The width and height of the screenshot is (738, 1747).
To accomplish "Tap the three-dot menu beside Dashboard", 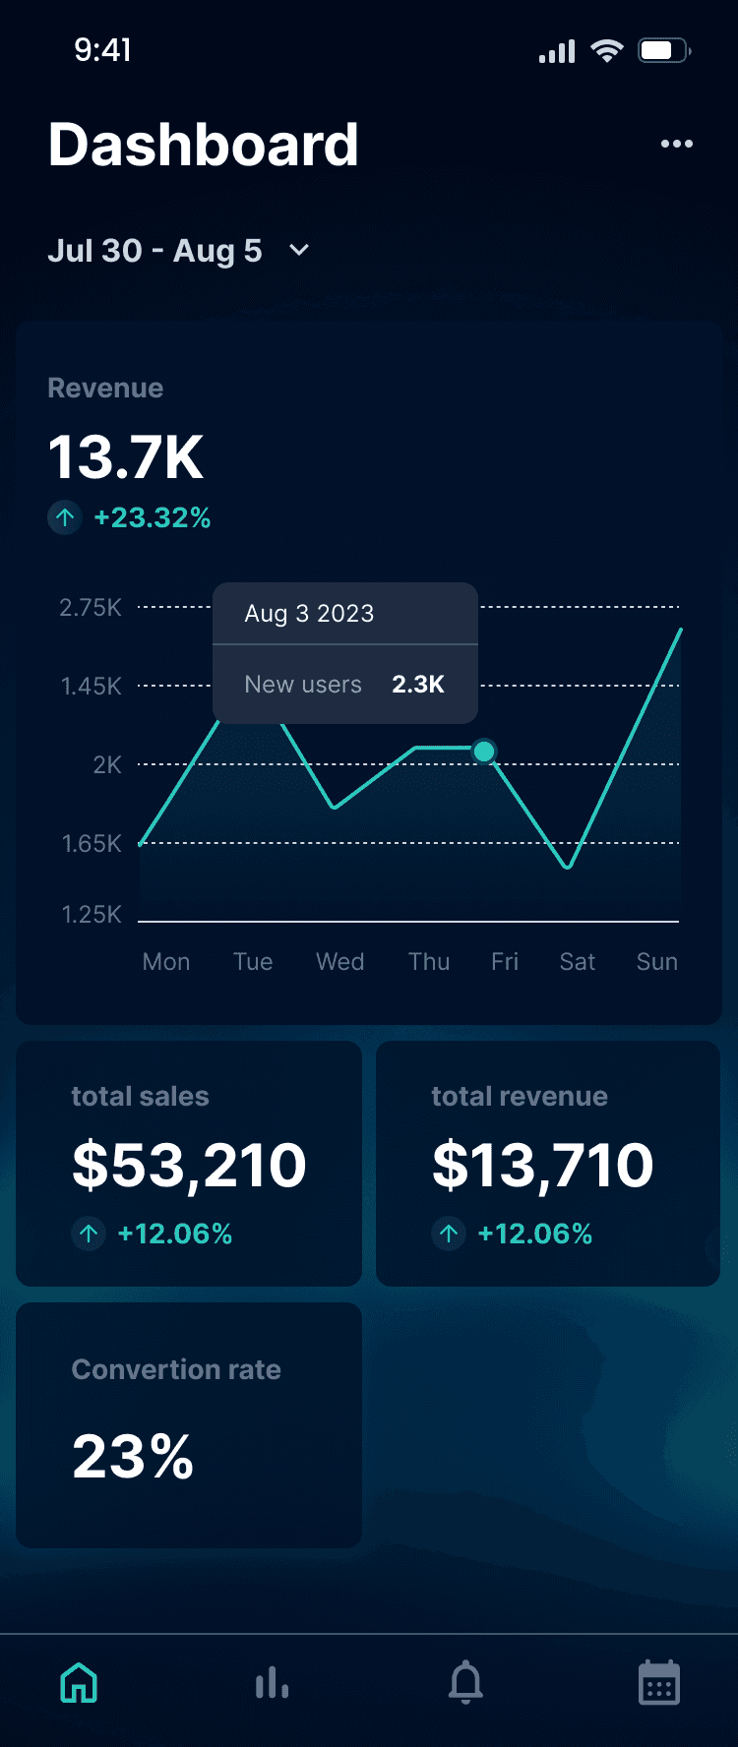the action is pyautogui.click(x=677, y=144).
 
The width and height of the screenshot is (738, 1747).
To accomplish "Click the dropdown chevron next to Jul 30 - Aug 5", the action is pyautogui.click(x=299, y=250).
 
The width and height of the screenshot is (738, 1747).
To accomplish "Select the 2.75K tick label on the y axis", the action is pyautogui.click(x=91, y=607).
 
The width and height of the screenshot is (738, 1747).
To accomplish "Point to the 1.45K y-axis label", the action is pyautogui.click(x=92, y=686).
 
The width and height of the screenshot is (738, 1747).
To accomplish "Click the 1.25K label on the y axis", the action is pyautogui.click(x=92, y=914).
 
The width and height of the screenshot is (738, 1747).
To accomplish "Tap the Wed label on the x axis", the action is pyautogui.click(x=340, y=961).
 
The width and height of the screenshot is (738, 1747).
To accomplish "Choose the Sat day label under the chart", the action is pyautogui.click(x=578, y=961).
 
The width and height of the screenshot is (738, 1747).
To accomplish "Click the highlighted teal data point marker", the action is pyautogui.click(x=484, y=752).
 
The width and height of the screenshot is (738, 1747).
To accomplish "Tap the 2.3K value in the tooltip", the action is pyautogui.click(x=418, y=684).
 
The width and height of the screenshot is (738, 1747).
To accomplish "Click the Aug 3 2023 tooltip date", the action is pyautogui.click(x=309, y=613).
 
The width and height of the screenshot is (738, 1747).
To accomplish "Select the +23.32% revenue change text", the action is pyautogui.click(x=153, y=517).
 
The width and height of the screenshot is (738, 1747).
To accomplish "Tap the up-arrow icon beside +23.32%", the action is pyautogui.click(x=65, y=517).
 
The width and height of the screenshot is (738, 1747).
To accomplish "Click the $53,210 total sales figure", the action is pyautogui.click(x=189, y=1165).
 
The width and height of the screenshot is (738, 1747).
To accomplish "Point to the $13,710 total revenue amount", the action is pyautogui.click(x=543, y=1165).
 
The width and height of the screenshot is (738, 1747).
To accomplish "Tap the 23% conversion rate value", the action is pyautogui.click(x=133, y=1456).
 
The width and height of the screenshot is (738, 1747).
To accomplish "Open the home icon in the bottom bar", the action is pyautogui.click(x=79, y=1683).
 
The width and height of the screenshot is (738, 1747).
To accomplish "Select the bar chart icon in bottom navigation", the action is pyautogui.click(x=272, y=1683).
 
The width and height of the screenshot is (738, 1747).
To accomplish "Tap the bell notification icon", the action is pyautogui.click(x=465, y=1682).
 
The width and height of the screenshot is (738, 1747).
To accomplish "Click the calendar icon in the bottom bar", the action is pyautogui.click(x=659, y=1682).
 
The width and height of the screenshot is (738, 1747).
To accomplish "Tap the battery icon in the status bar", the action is pyautogui.click(x=664, y=50).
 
